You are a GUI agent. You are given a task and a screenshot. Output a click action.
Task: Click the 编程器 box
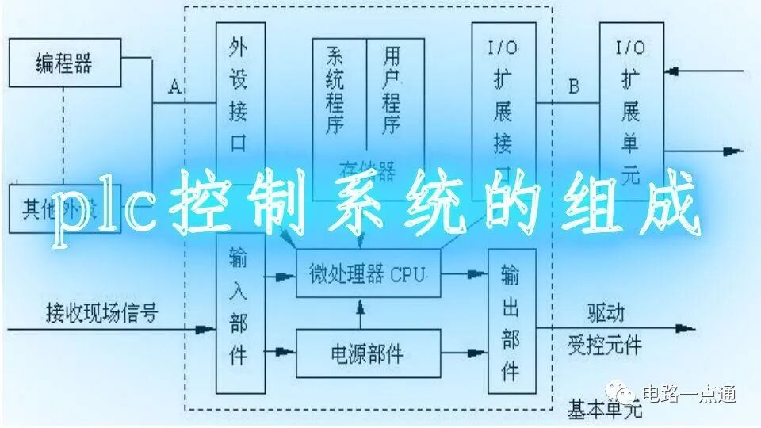(65, 63)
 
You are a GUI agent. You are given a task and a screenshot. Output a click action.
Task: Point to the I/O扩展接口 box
(504, 103)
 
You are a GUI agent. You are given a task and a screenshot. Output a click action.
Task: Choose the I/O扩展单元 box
(631, 103)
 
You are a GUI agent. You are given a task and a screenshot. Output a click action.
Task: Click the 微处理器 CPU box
(368, 274)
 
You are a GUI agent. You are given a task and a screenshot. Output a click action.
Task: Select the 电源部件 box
(368, 352)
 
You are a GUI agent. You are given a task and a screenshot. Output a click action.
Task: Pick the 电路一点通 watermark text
(689, 394)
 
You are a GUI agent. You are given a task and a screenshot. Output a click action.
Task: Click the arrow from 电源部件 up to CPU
(361, 313)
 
